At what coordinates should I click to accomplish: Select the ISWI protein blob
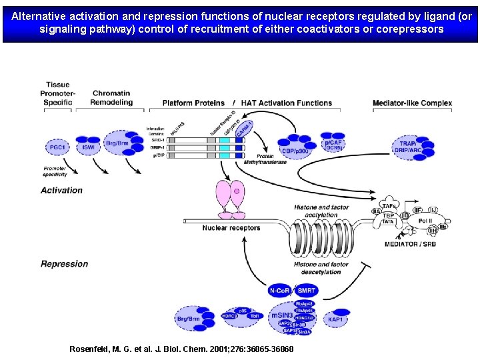click(88, 146)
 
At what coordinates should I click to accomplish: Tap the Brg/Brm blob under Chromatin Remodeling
click(118, 143)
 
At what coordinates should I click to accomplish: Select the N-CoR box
click(279, 291)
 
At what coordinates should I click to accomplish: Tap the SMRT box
click(307, 291)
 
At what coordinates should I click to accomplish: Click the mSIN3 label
click(282, 314)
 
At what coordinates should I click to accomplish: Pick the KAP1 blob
click(335, 319)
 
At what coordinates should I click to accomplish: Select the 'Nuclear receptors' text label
click(231, 228)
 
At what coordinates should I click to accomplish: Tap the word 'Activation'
click(61, 190)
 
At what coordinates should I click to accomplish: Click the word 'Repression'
click(64, 264)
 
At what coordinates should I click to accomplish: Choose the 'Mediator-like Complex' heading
click(412, 103)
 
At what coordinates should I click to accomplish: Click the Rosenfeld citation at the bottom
click(181, 349)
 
